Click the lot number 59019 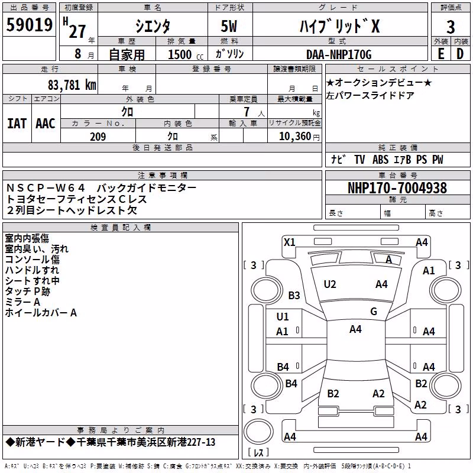pos(29,25)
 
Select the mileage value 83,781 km pos(72,85)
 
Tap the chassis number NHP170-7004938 pos(397,188)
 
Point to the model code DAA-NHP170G pos(338,54)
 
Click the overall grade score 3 pos(451,27)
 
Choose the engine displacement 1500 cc pos(186,54)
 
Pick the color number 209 pos(98,137)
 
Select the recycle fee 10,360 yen pos(299,137)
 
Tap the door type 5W pos(229,26)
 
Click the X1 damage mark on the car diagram pos(289,242)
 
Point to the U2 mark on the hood pos(330,284)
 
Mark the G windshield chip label pos(374,311)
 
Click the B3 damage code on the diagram pos(294,295)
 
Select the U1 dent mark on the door pos(283,317)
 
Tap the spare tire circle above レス pos(258,432)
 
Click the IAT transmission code pos(17,124)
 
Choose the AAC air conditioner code pos(46,124)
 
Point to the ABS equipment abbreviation pos(380,160)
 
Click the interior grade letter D pos(460,54)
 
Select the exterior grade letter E pos(440,54)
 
